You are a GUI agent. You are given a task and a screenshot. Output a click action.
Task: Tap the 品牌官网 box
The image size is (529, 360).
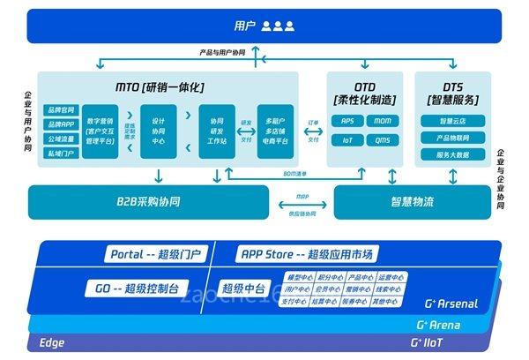coord(61,109)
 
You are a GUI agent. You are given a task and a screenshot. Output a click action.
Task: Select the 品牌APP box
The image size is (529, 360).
coord(61,124)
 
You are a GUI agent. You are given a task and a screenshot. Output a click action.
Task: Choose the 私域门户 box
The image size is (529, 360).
coord(61,152)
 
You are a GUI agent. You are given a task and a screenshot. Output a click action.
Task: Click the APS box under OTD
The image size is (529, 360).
coord(347,121)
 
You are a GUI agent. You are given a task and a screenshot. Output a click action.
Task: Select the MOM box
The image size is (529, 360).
coord(382,121)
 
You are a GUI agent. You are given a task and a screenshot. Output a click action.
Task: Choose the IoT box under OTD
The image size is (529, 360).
coord(347,140)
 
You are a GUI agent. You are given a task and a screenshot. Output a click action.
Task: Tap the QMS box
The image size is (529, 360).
coord(382,140)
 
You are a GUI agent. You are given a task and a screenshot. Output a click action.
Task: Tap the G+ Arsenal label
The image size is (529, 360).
coord(451,304)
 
